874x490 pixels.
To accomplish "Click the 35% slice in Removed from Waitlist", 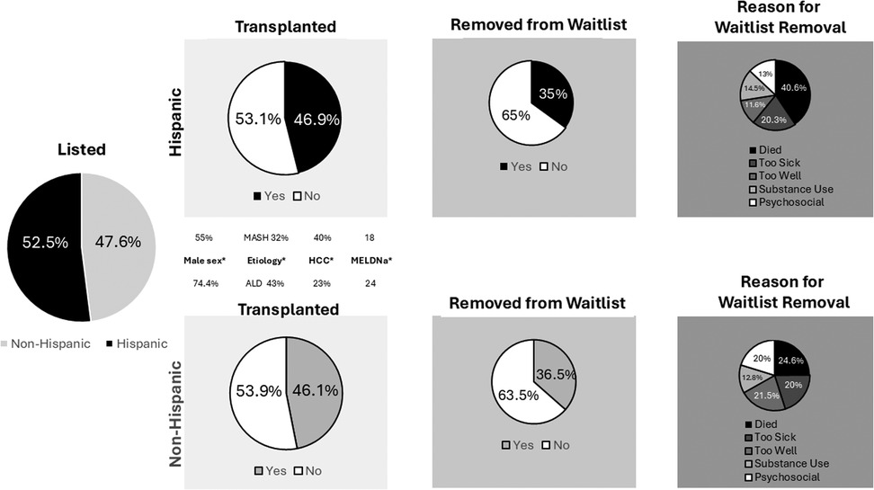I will [553, 94].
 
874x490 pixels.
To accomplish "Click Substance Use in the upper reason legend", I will [796, 189].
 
